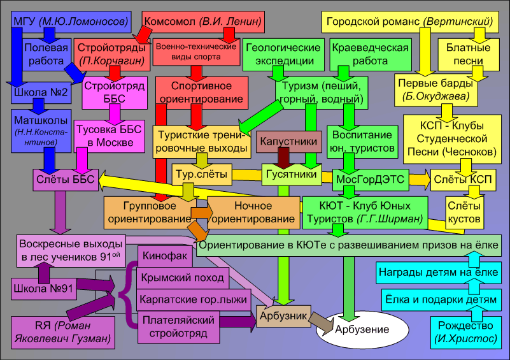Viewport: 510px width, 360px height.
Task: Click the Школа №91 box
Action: click(x=41, y=288)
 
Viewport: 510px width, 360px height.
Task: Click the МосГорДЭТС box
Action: click(x=370, y=179)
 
